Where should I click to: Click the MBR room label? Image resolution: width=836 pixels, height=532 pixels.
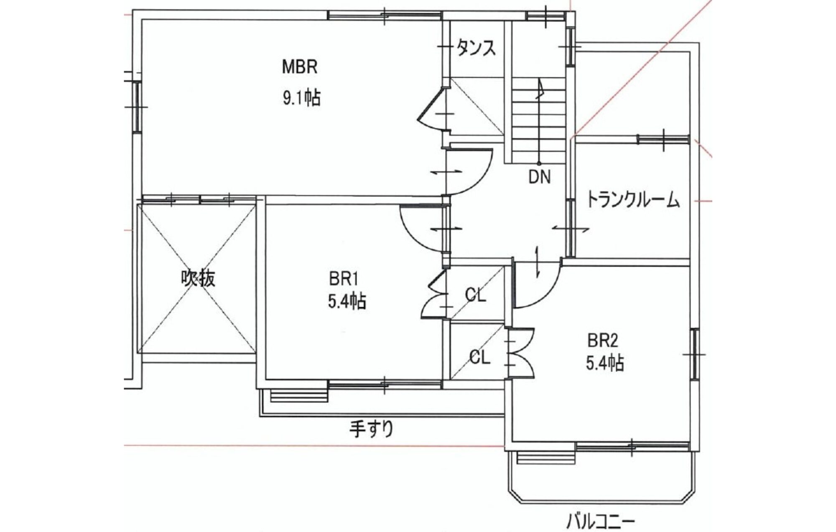tap(300, 67)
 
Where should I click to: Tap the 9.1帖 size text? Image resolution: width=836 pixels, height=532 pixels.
tap(302, 98)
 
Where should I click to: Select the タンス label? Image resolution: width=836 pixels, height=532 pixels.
tap(476, 48)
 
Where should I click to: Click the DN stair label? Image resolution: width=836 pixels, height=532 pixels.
tap(540, 177)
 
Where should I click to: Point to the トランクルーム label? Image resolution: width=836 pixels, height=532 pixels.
tap(633, 200)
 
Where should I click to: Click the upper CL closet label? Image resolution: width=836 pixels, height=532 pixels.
tap(476, 295)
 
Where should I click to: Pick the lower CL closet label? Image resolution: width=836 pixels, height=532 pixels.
tap(479, 357)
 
